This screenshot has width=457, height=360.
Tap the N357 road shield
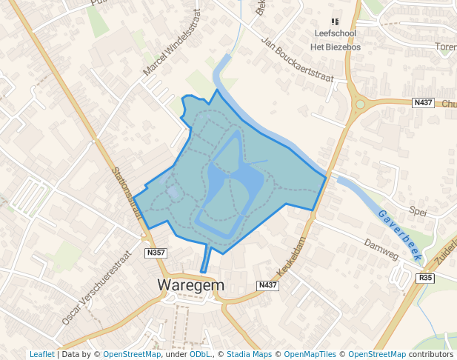pos(156,253)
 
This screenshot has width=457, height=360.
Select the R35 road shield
pos(425,278)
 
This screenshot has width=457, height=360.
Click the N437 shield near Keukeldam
pos(267,285)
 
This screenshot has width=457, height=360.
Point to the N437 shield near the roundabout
pos(422,102)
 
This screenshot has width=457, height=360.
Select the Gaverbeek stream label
pos(400,234)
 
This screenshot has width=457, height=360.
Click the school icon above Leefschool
pos(335,22)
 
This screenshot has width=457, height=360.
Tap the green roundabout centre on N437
pos(360,104)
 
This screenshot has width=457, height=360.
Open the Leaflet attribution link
pos(41,354)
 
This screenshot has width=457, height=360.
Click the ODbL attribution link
pos(199,354)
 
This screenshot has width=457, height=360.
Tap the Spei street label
pos(418,211)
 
